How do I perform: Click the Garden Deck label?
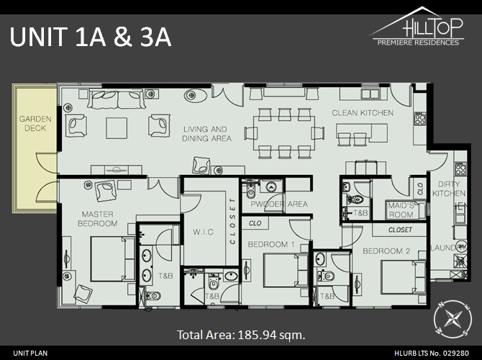point(35,123)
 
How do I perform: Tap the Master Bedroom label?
point(97,219)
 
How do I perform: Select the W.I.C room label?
point(203,232)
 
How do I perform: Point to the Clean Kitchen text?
point(363,113)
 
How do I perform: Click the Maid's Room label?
point(401,210)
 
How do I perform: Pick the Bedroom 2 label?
point(386,251)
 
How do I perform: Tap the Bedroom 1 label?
point(271,244)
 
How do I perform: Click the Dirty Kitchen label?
point(449,189)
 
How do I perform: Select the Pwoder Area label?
point(279,204)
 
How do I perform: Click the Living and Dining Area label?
point(206,134)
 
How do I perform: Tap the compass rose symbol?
point(453,319)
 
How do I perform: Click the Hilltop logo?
point(417,27)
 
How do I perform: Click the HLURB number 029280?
point(456,353)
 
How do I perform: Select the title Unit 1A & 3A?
point(91,37)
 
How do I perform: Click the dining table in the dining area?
point(285,133)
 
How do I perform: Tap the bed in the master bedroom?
point(113,258)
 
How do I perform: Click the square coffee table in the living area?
point(117,128)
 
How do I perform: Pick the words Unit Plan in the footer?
point(30,353)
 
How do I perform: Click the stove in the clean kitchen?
point(420,119)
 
